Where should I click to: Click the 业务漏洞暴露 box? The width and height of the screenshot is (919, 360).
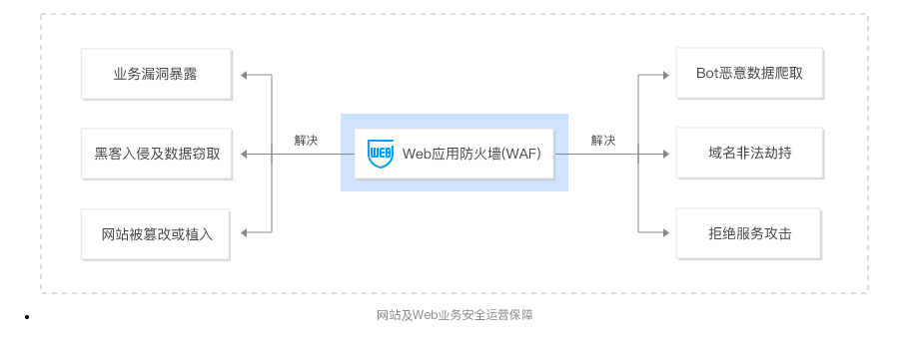tap(157, 74)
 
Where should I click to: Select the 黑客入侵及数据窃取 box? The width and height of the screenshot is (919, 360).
tap(157, 154)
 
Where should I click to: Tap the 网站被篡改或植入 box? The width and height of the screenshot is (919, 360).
tap(157, 234)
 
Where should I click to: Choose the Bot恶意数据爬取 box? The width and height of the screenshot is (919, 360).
tap(750, 74)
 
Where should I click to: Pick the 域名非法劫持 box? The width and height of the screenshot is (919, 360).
tap(750, 154)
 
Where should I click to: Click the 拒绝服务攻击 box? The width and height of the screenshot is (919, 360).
tap(750, 234)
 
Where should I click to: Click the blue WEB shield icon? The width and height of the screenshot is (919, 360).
tap(380, 154)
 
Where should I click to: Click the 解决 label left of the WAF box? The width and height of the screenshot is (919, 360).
tap(307, 141)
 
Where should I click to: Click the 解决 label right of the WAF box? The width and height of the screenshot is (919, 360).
tap(602, 141)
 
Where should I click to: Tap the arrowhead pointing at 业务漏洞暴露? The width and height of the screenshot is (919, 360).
tap(247, 74)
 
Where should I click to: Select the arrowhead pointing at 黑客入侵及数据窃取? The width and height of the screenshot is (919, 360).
tap(247, 154)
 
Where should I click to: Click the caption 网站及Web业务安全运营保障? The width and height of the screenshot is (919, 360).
tap(455, 316)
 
